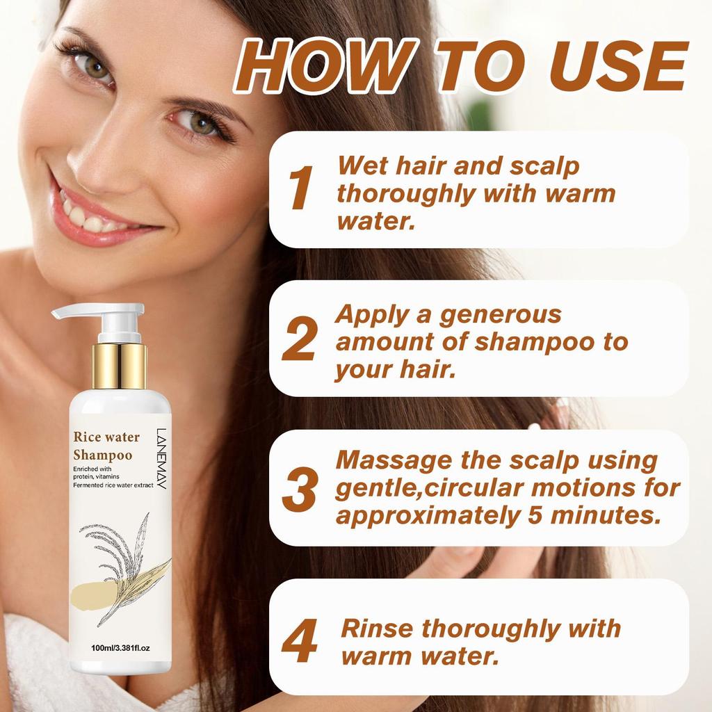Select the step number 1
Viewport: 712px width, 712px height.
tap(300, 188)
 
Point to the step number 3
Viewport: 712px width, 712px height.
tap(300, 488)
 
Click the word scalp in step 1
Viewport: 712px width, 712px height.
tap(544, 168)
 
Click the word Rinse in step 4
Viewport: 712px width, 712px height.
tap(377, 629)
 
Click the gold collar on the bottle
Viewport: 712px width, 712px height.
tap(119, 365)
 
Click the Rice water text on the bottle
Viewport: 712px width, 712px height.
tap(106, 437)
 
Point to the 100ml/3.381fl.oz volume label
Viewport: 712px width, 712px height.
tap(120, 648)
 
